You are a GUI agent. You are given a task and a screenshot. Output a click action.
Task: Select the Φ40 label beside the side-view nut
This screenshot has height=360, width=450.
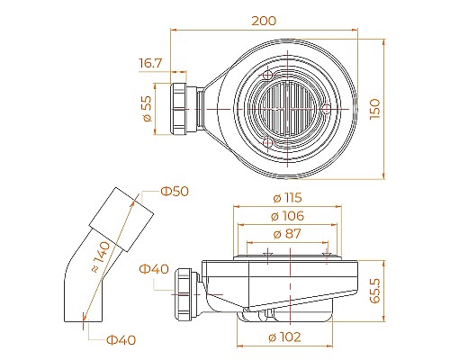click(154, 268)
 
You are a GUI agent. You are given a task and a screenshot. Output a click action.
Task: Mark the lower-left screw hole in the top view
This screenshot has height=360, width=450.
click(266, 141)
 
